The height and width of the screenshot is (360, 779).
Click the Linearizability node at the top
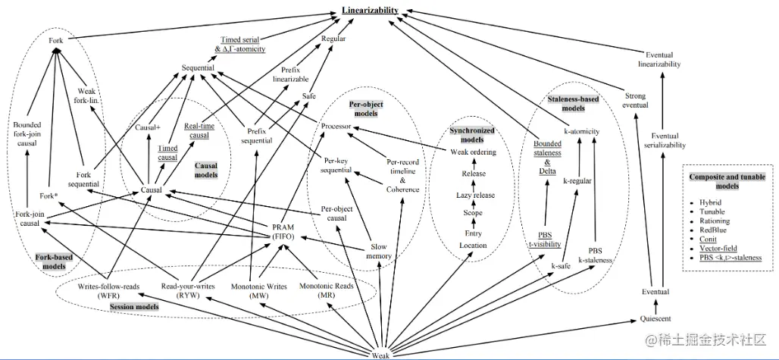(x=370, y=10)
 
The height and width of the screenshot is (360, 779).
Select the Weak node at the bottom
(x=381, y=355)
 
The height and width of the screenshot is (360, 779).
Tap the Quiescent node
(x=655, y=318)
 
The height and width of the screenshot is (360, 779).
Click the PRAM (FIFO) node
(x=283, y=233)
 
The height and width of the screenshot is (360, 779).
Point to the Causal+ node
(x=148, y=127)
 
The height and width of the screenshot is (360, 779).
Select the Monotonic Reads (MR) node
(x=327, y=290)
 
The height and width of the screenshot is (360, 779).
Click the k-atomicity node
(x=582, y=132)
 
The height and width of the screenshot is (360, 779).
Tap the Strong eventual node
(x=636, y=100)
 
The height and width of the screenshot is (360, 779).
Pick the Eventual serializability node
(x=665, y=140)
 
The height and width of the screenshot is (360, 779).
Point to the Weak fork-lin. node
(x=89, y=96)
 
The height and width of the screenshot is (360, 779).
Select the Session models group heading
(x=134, y=307)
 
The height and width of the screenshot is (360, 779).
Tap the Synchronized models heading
(x=472, y=136)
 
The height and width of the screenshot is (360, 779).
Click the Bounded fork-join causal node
(x=27, y=134)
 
